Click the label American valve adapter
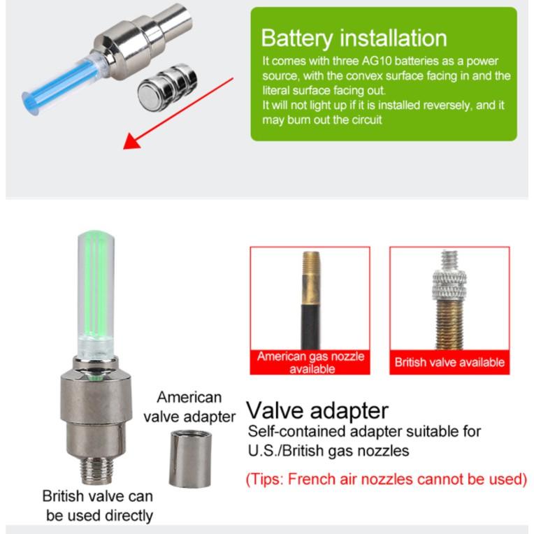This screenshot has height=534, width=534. click(189, 407)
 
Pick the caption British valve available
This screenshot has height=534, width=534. click(449, 362)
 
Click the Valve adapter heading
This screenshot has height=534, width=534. click(318, 410)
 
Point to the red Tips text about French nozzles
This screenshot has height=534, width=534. click(386, 479)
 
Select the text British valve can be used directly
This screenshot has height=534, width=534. click(98, 506)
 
